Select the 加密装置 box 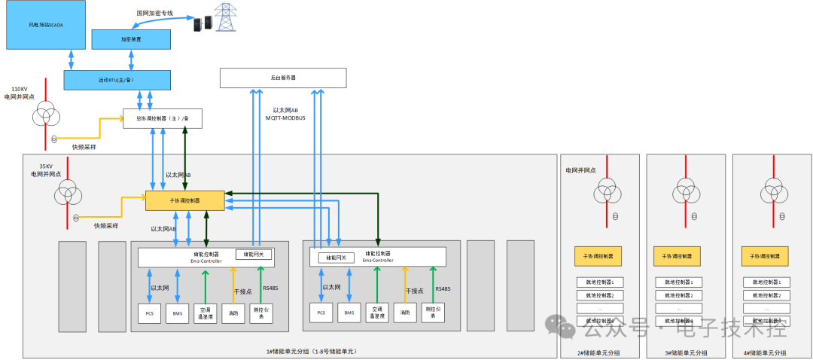(130, 38)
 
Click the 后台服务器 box (282, 77)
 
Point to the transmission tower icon (225, 17)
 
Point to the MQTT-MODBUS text (285, 117)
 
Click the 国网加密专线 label (155, 13)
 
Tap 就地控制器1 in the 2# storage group (599, 282)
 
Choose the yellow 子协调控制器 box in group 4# (764, 256)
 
